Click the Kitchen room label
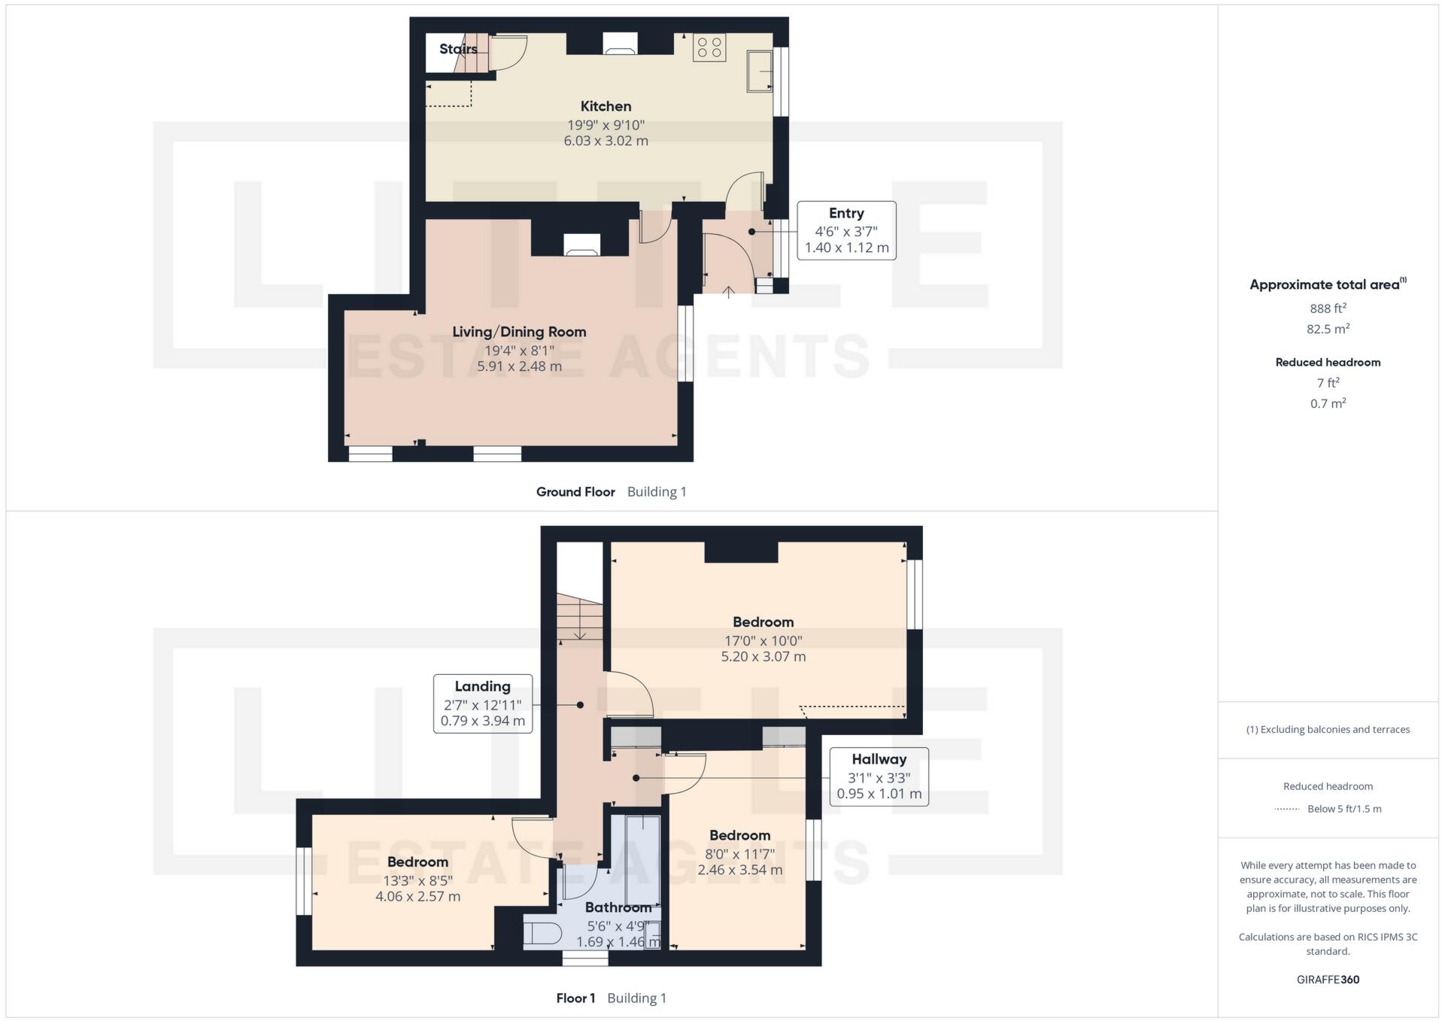606,106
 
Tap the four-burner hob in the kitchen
709,47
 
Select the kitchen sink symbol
760,71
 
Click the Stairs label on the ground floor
458,49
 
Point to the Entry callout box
846,230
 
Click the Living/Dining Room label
519,332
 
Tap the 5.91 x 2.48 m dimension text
519,366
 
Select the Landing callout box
483,703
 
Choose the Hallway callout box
879,776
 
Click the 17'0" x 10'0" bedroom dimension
763,641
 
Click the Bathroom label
618,907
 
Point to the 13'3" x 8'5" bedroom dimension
417,880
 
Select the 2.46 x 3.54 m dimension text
739,870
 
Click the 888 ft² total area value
1328,308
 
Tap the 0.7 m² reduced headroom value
1328,403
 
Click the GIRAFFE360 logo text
1328,980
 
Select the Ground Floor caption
575,492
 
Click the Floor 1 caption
575,998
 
